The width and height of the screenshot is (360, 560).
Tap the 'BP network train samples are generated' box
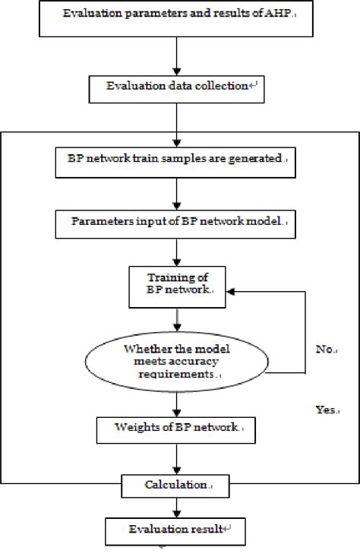176,160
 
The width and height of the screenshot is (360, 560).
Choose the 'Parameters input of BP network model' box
176,223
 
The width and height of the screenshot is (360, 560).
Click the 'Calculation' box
176,483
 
